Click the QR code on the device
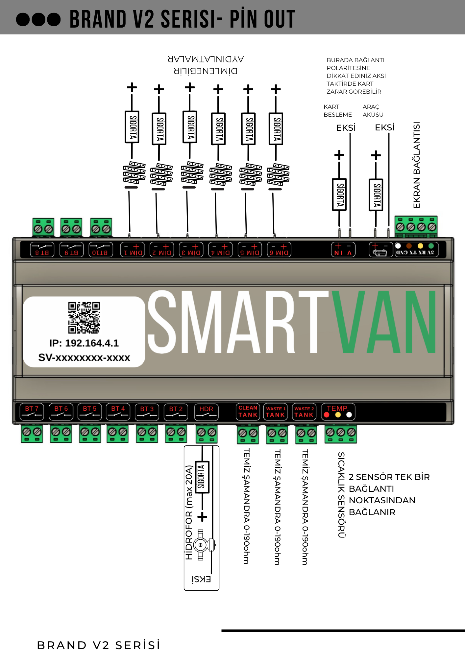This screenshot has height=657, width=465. tap(84, 317)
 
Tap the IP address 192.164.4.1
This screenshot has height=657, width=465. tap(84, 343)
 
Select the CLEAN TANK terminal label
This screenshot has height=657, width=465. tap(248, 411)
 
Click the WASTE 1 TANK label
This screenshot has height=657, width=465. tap(276, 412)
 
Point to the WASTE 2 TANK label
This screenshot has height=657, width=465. tap(304, 412)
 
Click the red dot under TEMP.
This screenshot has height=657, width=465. tap(327, 415)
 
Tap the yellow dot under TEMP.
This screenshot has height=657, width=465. tap(338, 415)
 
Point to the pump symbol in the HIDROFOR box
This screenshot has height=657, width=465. tap(201, 545)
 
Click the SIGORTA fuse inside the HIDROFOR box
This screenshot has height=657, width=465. tap(202, 477)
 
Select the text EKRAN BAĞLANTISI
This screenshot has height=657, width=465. tap(417, 165)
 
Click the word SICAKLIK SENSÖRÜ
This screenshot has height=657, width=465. tap(341, 495)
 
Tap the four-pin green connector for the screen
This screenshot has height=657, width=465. tap(416, 226)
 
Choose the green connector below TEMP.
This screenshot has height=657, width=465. tap(341, 434)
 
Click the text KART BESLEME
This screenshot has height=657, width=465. tap(337, 111)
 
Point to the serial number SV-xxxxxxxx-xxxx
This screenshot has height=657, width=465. tap(84, 357)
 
